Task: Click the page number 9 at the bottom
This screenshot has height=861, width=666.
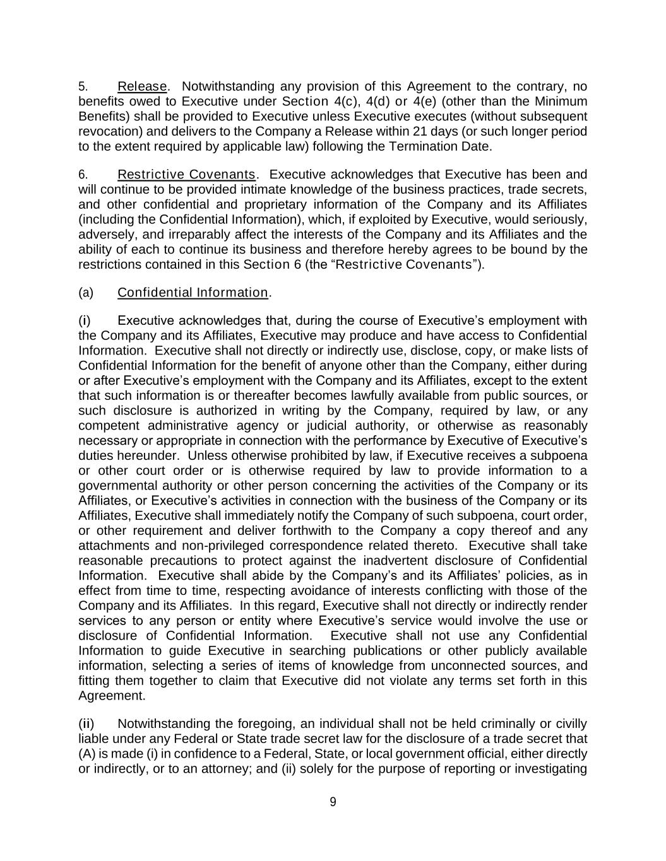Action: click(333, 802)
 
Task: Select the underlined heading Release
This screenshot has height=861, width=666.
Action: click(142, 86)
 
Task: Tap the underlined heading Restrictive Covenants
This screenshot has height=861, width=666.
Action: click(187, 174)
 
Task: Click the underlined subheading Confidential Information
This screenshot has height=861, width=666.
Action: click(193, 293)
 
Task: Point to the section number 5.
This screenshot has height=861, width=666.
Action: click(82, 86)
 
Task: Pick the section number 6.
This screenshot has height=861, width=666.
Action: click(82, 175)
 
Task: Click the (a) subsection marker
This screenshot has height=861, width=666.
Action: click(86, 293)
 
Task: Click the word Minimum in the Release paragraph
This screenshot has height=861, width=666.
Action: click(561, 102)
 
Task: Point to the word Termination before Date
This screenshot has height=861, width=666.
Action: click(431, 146)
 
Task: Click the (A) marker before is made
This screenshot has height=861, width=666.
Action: click(86, 754)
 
